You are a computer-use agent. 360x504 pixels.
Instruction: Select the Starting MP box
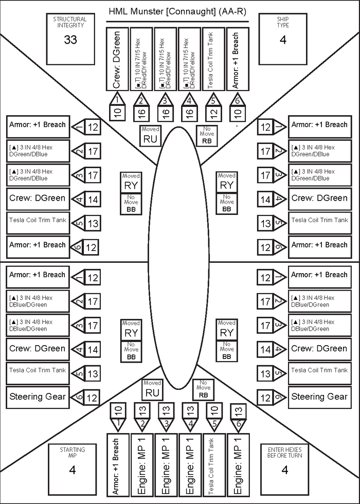point(72,464)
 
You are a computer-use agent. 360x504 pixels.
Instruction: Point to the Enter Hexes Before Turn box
point(284,464)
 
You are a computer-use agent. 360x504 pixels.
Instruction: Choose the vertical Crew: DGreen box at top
point(118,59)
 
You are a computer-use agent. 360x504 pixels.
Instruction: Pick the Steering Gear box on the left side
point(38,397)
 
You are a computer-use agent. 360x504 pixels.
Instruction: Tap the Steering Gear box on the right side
point(319,397)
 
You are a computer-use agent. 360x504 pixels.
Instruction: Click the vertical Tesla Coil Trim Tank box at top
point(213,59)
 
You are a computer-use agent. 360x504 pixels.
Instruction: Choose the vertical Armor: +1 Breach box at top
point(237,59)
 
